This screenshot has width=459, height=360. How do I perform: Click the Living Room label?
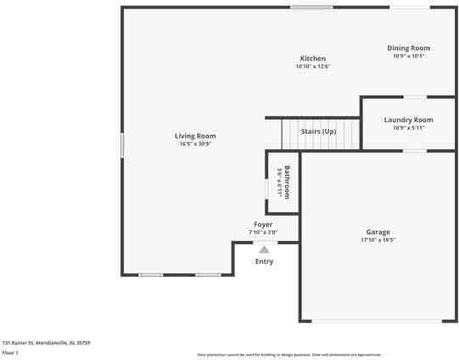click(x=195, y=136)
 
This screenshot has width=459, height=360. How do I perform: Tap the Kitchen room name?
click(x=312, y=59)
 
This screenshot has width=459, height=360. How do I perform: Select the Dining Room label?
click(x=408, y=48)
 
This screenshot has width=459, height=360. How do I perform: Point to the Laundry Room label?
click(x=408, y=120)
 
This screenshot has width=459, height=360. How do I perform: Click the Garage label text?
click(x=378, y=232)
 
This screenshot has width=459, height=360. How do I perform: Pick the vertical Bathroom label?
click(x=288, y=182)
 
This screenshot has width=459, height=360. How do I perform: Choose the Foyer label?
click(x=263, y=224)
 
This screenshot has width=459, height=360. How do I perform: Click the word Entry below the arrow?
click(x=265, y=261)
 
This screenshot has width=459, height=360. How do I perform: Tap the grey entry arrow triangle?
click(x=265, y=250)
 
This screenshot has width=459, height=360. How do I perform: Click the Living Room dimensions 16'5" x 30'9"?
click(x=195, y=144)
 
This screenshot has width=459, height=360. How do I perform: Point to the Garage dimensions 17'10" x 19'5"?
click(x=378, y=240)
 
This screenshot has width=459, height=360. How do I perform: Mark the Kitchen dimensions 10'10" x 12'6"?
click(x=312, y=66)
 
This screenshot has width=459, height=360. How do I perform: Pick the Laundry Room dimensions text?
click(x=408, y=128)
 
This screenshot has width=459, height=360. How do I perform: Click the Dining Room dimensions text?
click(x=408, y=56)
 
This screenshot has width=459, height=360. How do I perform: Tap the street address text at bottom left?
click(x=46, y=343)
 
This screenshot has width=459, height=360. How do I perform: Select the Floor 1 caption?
click(x=10, y=352)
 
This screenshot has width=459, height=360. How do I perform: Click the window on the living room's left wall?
click(x=122, y=144)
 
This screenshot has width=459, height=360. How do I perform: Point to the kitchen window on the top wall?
click(x=311, y=8)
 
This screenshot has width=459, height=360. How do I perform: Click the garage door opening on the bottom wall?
click(x=378, y=321)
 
